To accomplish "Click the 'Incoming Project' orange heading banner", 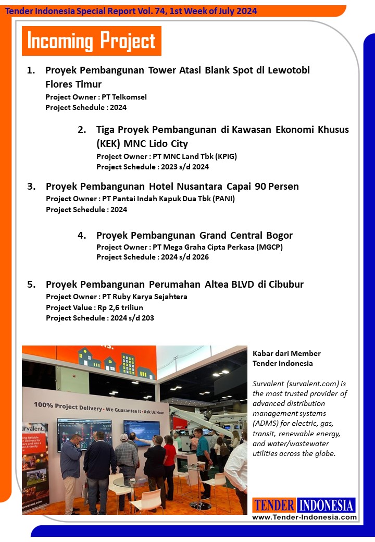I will point(91,41).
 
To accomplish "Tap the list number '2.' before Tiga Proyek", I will point(82,129).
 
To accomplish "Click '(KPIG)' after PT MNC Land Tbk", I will point(227,156).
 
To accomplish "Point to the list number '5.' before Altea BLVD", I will point(31,284).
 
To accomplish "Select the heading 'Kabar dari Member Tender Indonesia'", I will point(286,358).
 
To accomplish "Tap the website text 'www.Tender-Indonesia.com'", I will point(304,517).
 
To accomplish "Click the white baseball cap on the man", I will point(124,437).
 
